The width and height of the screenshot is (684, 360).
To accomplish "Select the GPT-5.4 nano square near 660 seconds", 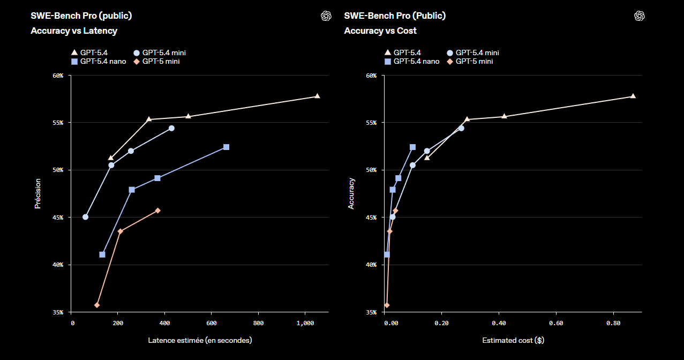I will (226, 147).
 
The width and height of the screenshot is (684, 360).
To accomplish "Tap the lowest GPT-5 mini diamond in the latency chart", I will (97, 305).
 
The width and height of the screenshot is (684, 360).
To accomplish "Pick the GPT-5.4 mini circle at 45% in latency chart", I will (85, 217).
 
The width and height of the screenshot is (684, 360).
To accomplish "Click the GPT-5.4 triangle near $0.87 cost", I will (633, 96).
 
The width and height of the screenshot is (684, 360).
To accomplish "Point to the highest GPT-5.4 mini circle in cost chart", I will (461, 128).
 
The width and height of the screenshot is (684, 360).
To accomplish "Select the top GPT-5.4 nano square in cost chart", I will (412, 147).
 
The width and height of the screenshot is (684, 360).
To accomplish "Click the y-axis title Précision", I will (37, 193).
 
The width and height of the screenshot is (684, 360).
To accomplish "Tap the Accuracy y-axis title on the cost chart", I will (351, 193).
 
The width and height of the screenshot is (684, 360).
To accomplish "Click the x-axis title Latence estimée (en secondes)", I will (200, 340).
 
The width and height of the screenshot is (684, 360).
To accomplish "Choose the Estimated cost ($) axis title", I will (513, 340).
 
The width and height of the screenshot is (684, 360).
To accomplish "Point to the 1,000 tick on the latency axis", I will (305, 323).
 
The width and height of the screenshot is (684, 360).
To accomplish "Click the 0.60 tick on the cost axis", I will (556, 323).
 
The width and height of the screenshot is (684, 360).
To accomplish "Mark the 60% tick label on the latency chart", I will (57, 76).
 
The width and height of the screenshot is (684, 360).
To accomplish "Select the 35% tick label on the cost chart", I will (371, 312).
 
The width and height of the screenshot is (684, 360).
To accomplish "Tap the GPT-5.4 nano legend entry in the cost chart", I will (412, 62).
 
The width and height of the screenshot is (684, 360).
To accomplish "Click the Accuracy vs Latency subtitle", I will (74, 31).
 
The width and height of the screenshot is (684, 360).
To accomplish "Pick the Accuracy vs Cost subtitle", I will (380, 31).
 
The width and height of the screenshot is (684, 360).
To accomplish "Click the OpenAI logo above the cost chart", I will (639, 16).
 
